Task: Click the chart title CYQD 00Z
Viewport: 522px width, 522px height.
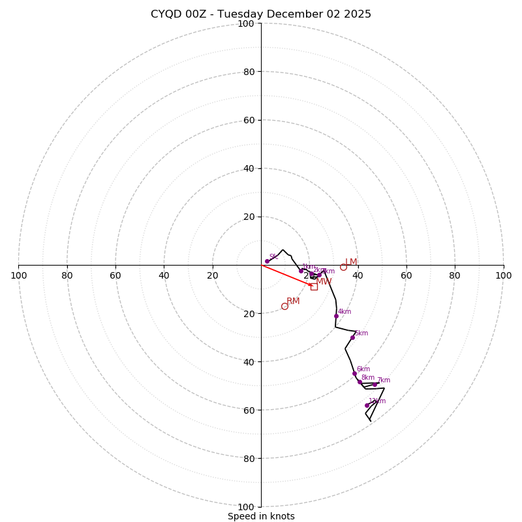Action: pyautogui.click(x=260, y=14)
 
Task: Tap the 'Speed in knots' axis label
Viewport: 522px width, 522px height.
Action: pyautogui.click(x=261, y=516)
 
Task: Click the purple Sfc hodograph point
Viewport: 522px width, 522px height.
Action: pyautogui.click(x=267, y=261)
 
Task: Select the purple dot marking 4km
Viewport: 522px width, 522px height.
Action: pyautogui.click(x=336, y=316)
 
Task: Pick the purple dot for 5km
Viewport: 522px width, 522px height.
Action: pyautogui.click(x=352, y=337)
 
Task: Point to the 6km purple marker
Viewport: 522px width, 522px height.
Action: pyautogui.click(x=354, y=373)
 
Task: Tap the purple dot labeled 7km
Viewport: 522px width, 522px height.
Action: pyautogui.click(x=375, y=384)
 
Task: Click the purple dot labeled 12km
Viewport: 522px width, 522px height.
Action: pyautogui.click(x=367, y=405)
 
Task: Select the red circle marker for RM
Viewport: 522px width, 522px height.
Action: pyautogui.click(x=284, y=306)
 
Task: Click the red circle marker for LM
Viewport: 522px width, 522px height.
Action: pyautogui.click(x=343, y=267)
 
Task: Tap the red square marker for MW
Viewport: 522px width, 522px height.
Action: pyautogui.click(x=314, y=286)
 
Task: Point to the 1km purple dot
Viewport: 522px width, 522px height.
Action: pyautogui.click(x=301, y=271)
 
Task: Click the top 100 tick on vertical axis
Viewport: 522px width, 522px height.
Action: pyautogui.click(x=246, y=24)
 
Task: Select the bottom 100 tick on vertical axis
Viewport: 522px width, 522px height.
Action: pyautogui.click(x=246, y=507)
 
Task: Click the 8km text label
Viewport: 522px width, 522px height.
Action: pyautogui.click(x=368, y=378)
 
